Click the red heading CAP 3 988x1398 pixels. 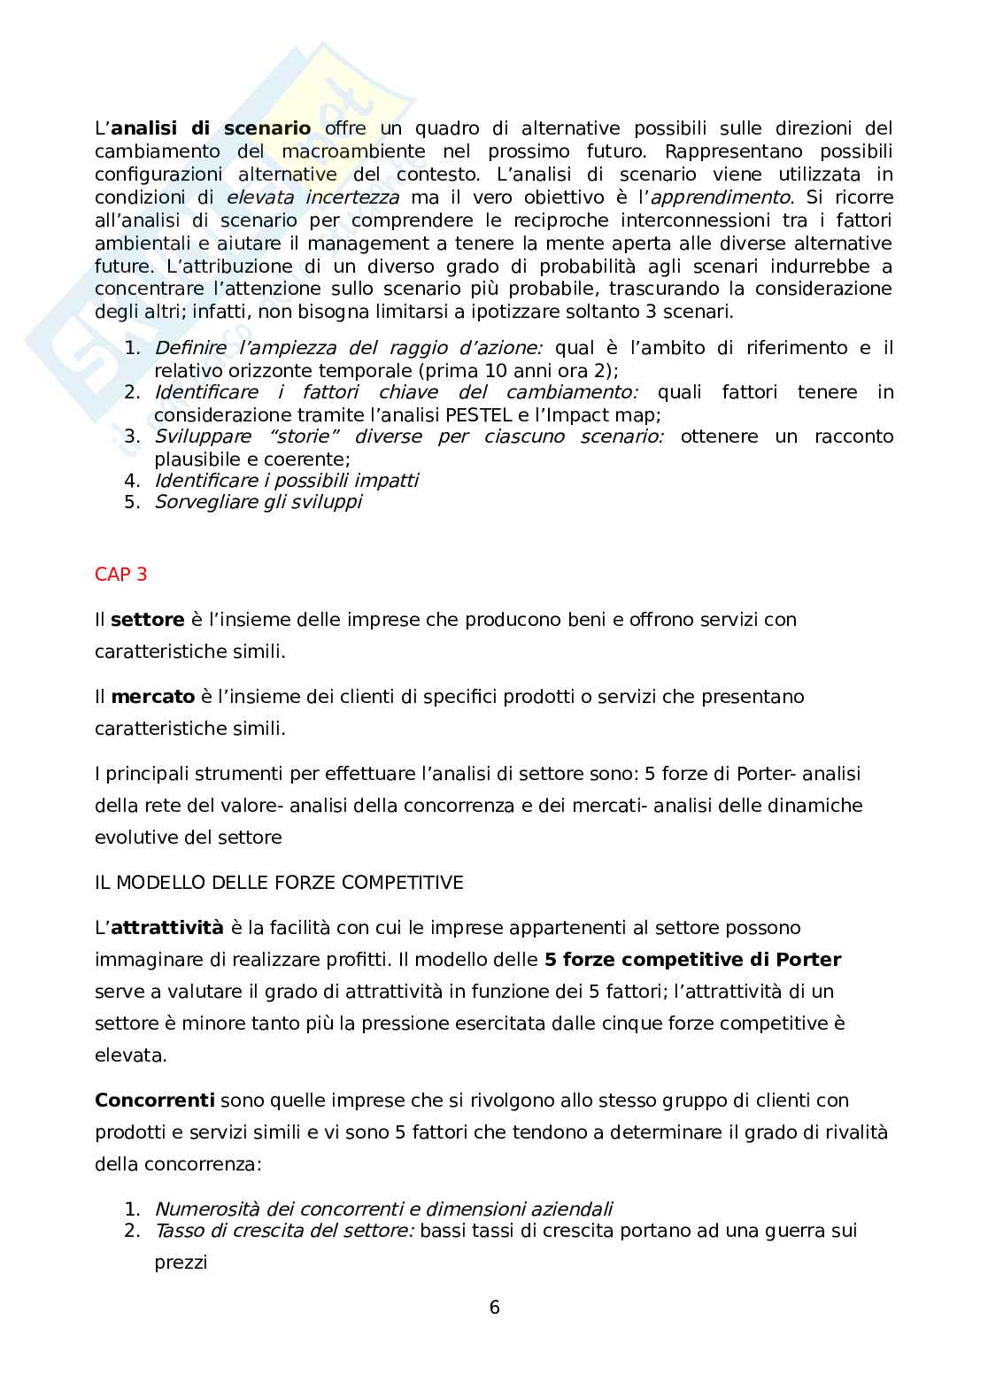click(120, 574)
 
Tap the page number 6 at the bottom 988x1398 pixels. click(494, 1307)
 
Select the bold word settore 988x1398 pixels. click(147, 620)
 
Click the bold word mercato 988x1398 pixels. click(152, 697)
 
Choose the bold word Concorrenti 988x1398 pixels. click(154, 1101)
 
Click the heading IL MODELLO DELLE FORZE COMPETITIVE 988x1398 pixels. click(279, 883)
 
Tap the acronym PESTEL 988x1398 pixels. click(479, 414)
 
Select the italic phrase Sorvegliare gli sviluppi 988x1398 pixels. click(258, 502)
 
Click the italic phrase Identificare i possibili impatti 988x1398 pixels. click(286, 480)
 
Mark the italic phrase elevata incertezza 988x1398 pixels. click(313, 197)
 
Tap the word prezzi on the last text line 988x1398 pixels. click(181, 1263)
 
